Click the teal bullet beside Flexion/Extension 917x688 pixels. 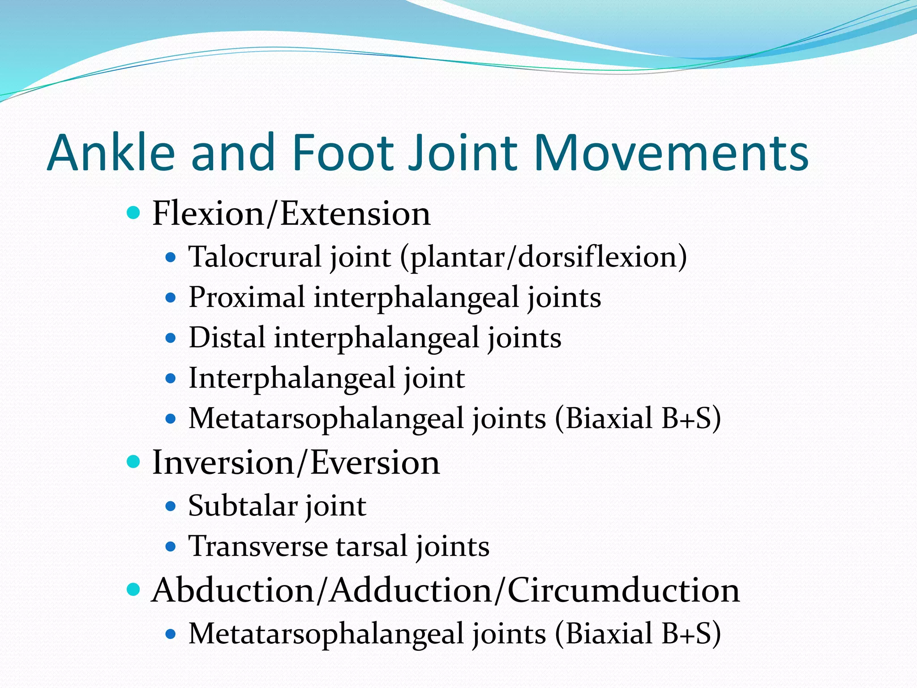[133, 212]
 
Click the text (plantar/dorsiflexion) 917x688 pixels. [543, 257]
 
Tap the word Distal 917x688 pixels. [227, 338]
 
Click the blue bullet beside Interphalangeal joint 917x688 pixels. [171, 378]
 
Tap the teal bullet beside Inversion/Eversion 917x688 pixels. [133, 461]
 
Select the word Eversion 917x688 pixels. [375, 462]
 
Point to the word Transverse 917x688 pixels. [258, 546]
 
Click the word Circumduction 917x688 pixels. [623, 590]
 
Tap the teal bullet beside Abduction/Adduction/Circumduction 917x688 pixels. [133, 589]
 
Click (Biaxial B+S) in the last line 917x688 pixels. [638, 634]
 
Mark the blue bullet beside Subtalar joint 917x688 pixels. [171, 507]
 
